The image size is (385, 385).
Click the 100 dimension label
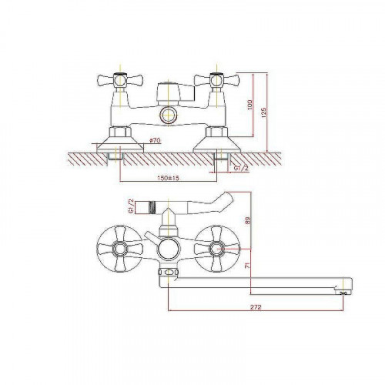[250, 105]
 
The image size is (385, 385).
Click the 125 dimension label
[263, 112]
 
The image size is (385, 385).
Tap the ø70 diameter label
[155, 140]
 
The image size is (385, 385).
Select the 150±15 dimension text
[168, 178]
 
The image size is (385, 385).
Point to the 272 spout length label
[256, 306]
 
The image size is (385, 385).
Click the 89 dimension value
[247, 220]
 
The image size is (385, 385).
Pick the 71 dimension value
[247, 266]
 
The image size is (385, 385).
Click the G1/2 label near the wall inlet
[242, 168]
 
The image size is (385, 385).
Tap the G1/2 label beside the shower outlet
[131, 206]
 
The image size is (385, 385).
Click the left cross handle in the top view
[120, 80]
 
